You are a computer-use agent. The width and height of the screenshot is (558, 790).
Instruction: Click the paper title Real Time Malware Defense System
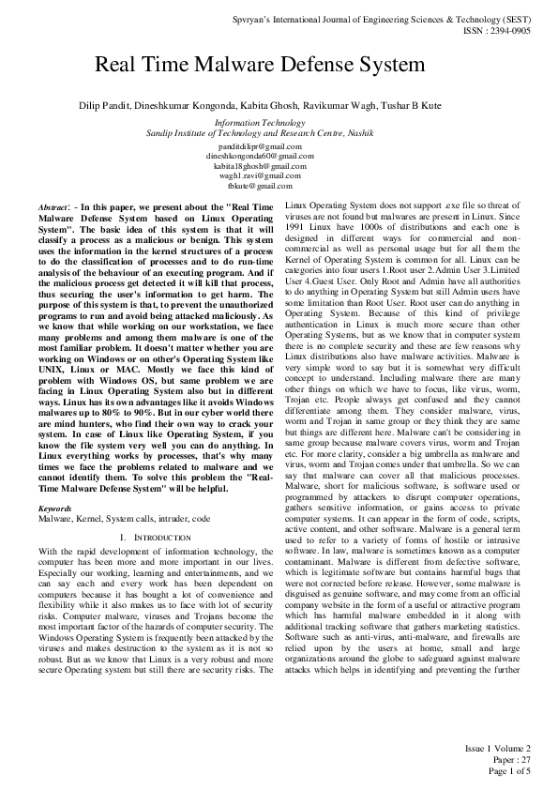point(260,67)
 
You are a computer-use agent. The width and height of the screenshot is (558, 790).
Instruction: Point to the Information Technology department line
point(260,123)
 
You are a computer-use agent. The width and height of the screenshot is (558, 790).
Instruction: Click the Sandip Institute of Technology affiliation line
point(260,133)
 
